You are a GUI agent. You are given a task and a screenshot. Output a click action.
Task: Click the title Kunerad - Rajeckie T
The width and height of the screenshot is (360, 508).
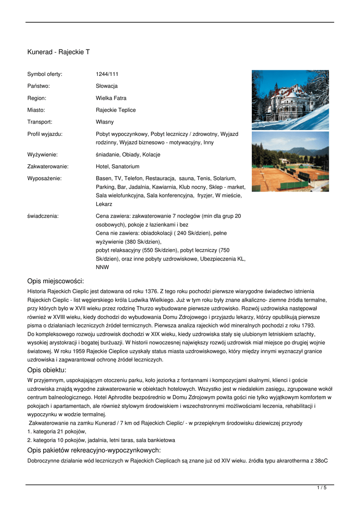pos(58,52)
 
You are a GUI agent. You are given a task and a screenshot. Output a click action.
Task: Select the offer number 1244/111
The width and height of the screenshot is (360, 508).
pos(107,74)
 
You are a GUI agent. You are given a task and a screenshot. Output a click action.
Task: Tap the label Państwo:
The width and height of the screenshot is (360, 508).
pos(38,86)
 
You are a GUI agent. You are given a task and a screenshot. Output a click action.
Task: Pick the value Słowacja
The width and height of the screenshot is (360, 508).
pos(107,86)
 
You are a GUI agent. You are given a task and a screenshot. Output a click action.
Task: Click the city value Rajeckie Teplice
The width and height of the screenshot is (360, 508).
pos(116,110)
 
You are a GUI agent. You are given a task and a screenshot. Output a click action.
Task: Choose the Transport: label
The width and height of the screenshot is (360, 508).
pos(40,122)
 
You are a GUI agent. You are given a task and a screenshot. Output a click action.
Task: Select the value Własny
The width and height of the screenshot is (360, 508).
pos(105,122)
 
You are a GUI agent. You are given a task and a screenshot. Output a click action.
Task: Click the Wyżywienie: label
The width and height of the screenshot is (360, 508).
pos(43,155)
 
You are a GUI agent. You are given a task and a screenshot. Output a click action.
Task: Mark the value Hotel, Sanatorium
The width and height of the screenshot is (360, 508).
pos(118,167)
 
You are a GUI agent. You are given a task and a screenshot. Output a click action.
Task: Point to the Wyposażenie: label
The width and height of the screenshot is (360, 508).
pos(44,178)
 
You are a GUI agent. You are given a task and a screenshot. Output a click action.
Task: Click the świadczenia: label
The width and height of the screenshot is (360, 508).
pos(43,216)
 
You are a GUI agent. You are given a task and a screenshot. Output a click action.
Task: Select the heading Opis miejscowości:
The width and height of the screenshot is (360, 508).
pos(56,281)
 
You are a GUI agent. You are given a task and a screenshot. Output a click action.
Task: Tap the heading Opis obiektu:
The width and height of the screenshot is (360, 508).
pos(47,370)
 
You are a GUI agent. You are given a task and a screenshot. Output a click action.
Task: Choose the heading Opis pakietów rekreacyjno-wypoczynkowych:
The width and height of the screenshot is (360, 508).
pos(94,450)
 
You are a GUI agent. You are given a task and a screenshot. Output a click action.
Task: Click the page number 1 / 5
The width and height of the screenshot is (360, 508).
pos(322,488)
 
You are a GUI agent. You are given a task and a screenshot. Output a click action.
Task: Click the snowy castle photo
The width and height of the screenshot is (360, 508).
pos(290,100)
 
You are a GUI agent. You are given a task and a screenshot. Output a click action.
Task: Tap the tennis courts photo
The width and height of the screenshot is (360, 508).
pos(290,161)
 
